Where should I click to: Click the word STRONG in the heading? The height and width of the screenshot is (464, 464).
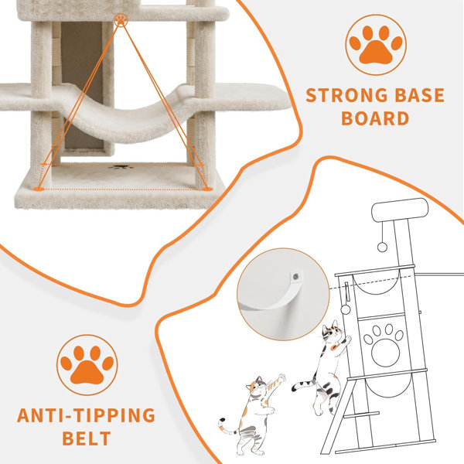(x=346, y=95)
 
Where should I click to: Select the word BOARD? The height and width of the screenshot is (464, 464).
(x=375, y=118)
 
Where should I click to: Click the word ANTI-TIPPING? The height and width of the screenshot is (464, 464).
(x=86, y=415)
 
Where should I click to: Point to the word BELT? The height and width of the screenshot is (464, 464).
(x=87, y=438)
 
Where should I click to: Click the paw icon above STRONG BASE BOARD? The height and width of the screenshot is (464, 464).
(x=376, y=45)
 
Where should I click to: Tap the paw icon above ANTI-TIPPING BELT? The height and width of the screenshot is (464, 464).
(x=87, y=365)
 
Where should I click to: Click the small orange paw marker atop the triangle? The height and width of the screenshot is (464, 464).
(x=121, y=20)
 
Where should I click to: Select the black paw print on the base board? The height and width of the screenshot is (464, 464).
(x=121, y=168)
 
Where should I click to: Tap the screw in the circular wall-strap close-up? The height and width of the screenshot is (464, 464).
(x=295, y=277)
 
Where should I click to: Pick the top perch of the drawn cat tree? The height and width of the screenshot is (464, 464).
(x=400, y=210)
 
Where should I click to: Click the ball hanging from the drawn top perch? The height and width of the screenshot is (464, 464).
(x=382, y=247)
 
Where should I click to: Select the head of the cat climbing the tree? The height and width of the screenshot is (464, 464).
(x=333, y=332)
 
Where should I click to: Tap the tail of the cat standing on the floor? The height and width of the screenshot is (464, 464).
(x=228, y=426)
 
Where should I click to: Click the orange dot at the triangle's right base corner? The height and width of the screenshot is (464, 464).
(x=208, y=189)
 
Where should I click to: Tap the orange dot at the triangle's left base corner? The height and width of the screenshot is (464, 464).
(x=38, y=189)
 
